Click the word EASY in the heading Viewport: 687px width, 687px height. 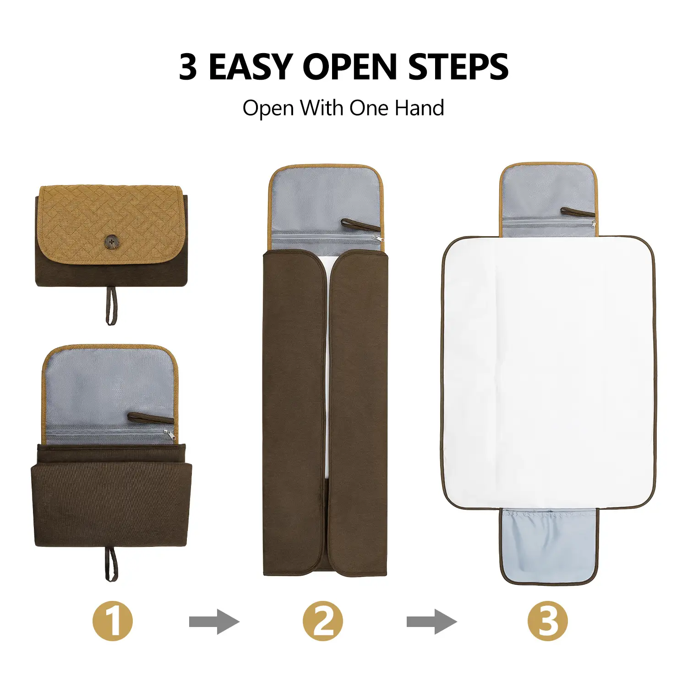coord(251,67)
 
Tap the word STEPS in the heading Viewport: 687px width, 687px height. coord(458,67)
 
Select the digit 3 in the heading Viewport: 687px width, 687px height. coord(188,67)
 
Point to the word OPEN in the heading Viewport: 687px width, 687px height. coord(350,67)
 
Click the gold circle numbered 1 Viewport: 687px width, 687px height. coord(113,621)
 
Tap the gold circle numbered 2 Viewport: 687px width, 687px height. coord(323,621)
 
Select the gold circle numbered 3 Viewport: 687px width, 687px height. coord(548,621)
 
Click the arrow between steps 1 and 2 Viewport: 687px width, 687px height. coord(214,622)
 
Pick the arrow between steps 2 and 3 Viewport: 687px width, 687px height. coord(432,622)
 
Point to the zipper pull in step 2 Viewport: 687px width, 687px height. coord(377,238)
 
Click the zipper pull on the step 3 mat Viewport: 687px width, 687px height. coord(593,224)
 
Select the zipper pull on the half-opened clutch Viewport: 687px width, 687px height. coord(169,435)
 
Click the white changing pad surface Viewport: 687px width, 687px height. coord(549,372)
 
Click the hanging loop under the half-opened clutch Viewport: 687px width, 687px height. coord(111,563)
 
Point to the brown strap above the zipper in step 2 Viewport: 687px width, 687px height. coord(360,225)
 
